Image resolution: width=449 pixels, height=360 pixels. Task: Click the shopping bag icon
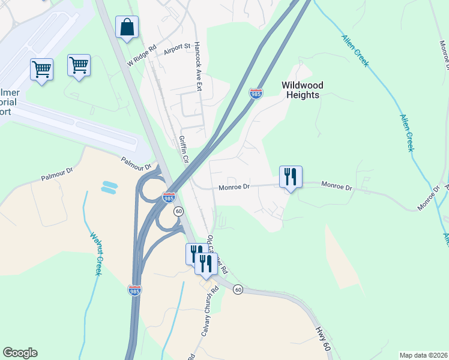tap(127, 28)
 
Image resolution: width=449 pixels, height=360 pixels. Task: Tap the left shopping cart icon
tap(41, 70)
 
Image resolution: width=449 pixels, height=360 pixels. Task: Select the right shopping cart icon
tap(79, 65)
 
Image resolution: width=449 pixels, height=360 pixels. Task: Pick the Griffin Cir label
tap(184, 150)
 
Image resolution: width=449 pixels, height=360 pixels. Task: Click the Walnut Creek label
tap(95, 254)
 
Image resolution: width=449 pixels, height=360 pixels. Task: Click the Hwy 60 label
tap(322, 339)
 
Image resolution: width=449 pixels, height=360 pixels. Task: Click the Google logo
tap(20, 353)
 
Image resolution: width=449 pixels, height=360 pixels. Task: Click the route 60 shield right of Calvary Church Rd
tap(238, 289)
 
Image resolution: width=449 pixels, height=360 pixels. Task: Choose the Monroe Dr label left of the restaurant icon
tap(234, 187)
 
